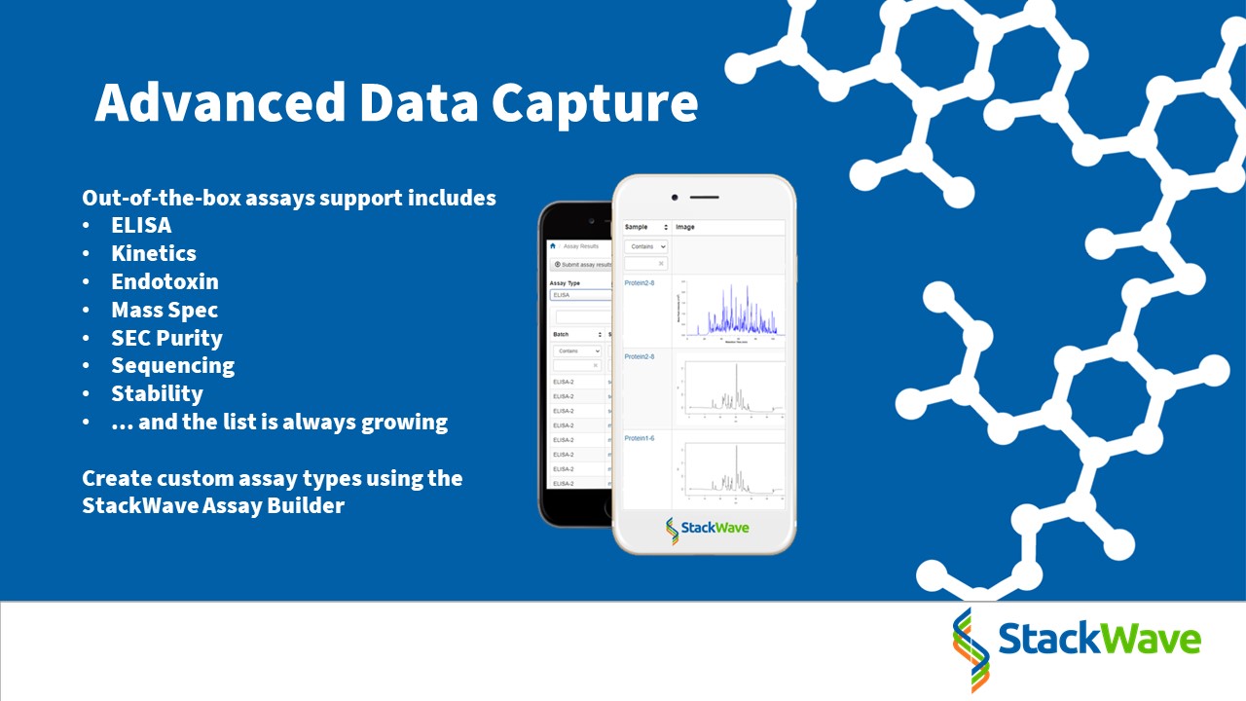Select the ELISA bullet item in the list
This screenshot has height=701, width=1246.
[x=141, y=225]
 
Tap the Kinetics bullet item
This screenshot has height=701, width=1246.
[x=154, y=253]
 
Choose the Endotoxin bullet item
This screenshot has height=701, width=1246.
[x=165, y=281]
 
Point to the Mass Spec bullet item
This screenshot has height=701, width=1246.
[x=165, y=310]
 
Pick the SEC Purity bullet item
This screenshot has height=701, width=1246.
[x=166, y=338]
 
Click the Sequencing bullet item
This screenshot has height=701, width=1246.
[x=172, y=366]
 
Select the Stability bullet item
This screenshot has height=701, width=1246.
[x=157, y=394]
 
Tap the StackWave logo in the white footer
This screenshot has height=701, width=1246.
[x=1077, y=642]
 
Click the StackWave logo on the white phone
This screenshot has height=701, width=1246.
[x=708, y=531]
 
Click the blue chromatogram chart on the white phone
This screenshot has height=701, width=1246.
[x=730, y=311]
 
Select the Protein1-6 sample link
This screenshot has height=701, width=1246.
[x=639, y=438]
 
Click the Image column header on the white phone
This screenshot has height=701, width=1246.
[x=685, y=227]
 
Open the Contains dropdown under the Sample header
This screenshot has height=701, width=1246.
[x=645, y=247]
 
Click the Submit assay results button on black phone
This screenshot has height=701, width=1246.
[x=582, y=264]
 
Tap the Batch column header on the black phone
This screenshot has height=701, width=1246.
[x=561, y=334]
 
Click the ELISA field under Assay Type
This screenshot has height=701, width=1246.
[x=579, y=294]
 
